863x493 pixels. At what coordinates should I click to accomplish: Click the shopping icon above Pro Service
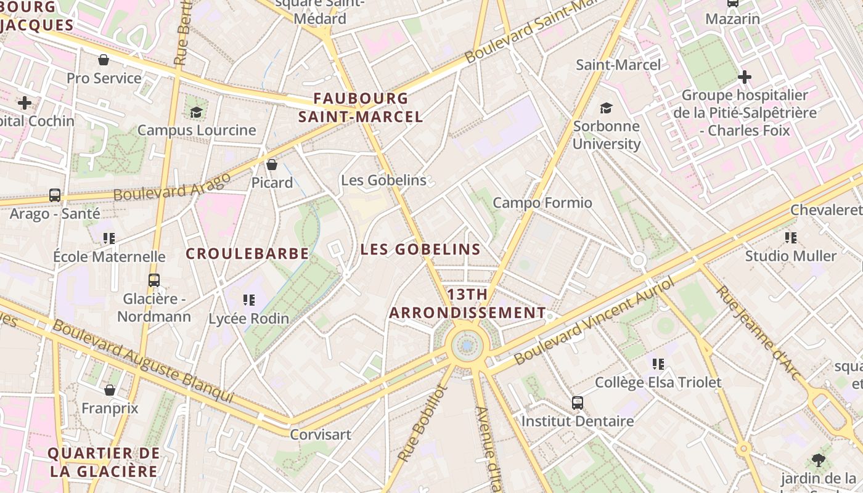tap(104, 60)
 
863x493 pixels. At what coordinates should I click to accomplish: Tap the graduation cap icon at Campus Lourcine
tap(196, 112)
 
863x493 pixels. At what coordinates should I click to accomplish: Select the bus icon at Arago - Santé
tap(55, 195)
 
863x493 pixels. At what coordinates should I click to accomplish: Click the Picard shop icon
tap(271, 165)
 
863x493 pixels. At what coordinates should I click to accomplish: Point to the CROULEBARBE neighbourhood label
tap(247, 254)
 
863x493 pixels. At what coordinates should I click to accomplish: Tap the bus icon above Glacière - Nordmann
tap(154, 280)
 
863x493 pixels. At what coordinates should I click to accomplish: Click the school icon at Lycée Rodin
tap(248, 300)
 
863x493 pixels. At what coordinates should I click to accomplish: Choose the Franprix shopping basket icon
tap(110, 390)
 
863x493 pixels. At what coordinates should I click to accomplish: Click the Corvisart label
tap(321, 434)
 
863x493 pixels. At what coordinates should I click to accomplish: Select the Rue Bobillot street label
tap(422, 424)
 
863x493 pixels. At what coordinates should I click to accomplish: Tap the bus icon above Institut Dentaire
tap(577, 403)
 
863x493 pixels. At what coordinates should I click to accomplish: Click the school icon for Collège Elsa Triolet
tap(658, 364)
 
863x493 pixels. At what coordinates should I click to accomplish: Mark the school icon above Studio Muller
tap(791, 237)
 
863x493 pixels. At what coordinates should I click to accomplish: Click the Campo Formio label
tap(542, 203)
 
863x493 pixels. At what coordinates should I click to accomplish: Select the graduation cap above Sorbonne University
tap(607, 108)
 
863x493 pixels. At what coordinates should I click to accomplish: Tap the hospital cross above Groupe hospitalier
tap(745, 77)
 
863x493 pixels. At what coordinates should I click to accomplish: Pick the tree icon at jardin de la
tap(819, 460)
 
